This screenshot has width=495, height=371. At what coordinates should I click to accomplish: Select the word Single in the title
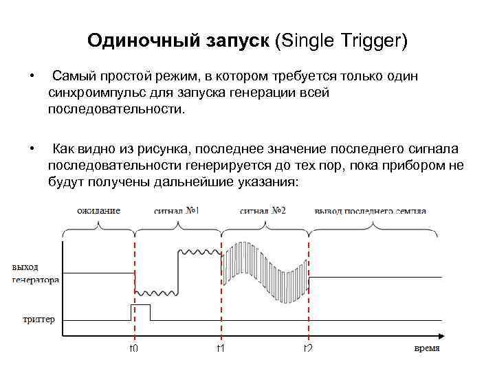click(x=303, y=41)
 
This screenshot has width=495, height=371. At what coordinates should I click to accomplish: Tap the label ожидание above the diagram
click(x=98, y=210)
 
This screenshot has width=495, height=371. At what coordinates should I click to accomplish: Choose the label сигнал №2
click(x=263, y=210)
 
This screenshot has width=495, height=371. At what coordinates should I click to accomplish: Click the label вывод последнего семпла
click(x=370, y=210)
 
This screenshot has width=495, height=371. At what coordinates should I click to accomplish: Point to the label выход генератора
click(x=35, y=273)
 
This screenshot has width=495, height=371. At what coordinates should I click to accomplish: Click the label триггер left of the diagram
click(x=38, y=319)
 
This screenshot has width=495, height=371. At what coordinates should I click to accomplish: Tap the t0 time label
click(x=134, y=348)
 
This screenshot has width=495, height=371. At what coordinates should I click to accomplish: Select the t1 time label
click(x=221, y=348)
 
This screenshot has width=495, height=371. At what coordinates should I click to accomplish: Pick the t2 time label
click(x=308, y=348)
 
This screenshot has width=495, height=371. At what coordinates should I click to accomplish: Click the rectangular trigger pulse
click(x=140, y=313)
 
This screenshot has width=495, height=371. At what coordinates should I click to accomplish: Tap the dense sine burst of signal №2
click(x=265, y=272)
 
